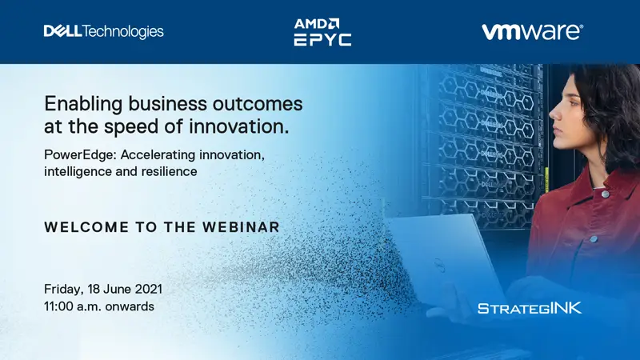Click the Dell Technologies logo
[104, 31]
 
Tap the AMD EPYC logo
[322, 32]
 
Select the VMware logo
[532, 32]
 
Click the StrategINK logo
[530, 308]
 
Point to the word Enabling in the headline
[83, 105]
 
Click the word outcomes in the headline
[258, 104]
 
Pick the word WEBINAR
[241, 227]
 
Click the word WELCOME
[86, 227]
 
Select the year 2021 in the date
[149, 289]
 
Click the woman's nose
[552, 111]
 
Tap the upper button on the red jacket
[605, 194]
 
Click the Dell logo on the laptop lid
[438, 265]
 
